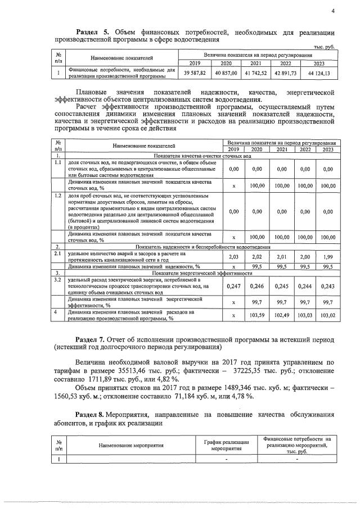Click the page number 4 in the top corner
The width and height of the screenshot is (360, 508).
pyautogui.click(x=332, y=10)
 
